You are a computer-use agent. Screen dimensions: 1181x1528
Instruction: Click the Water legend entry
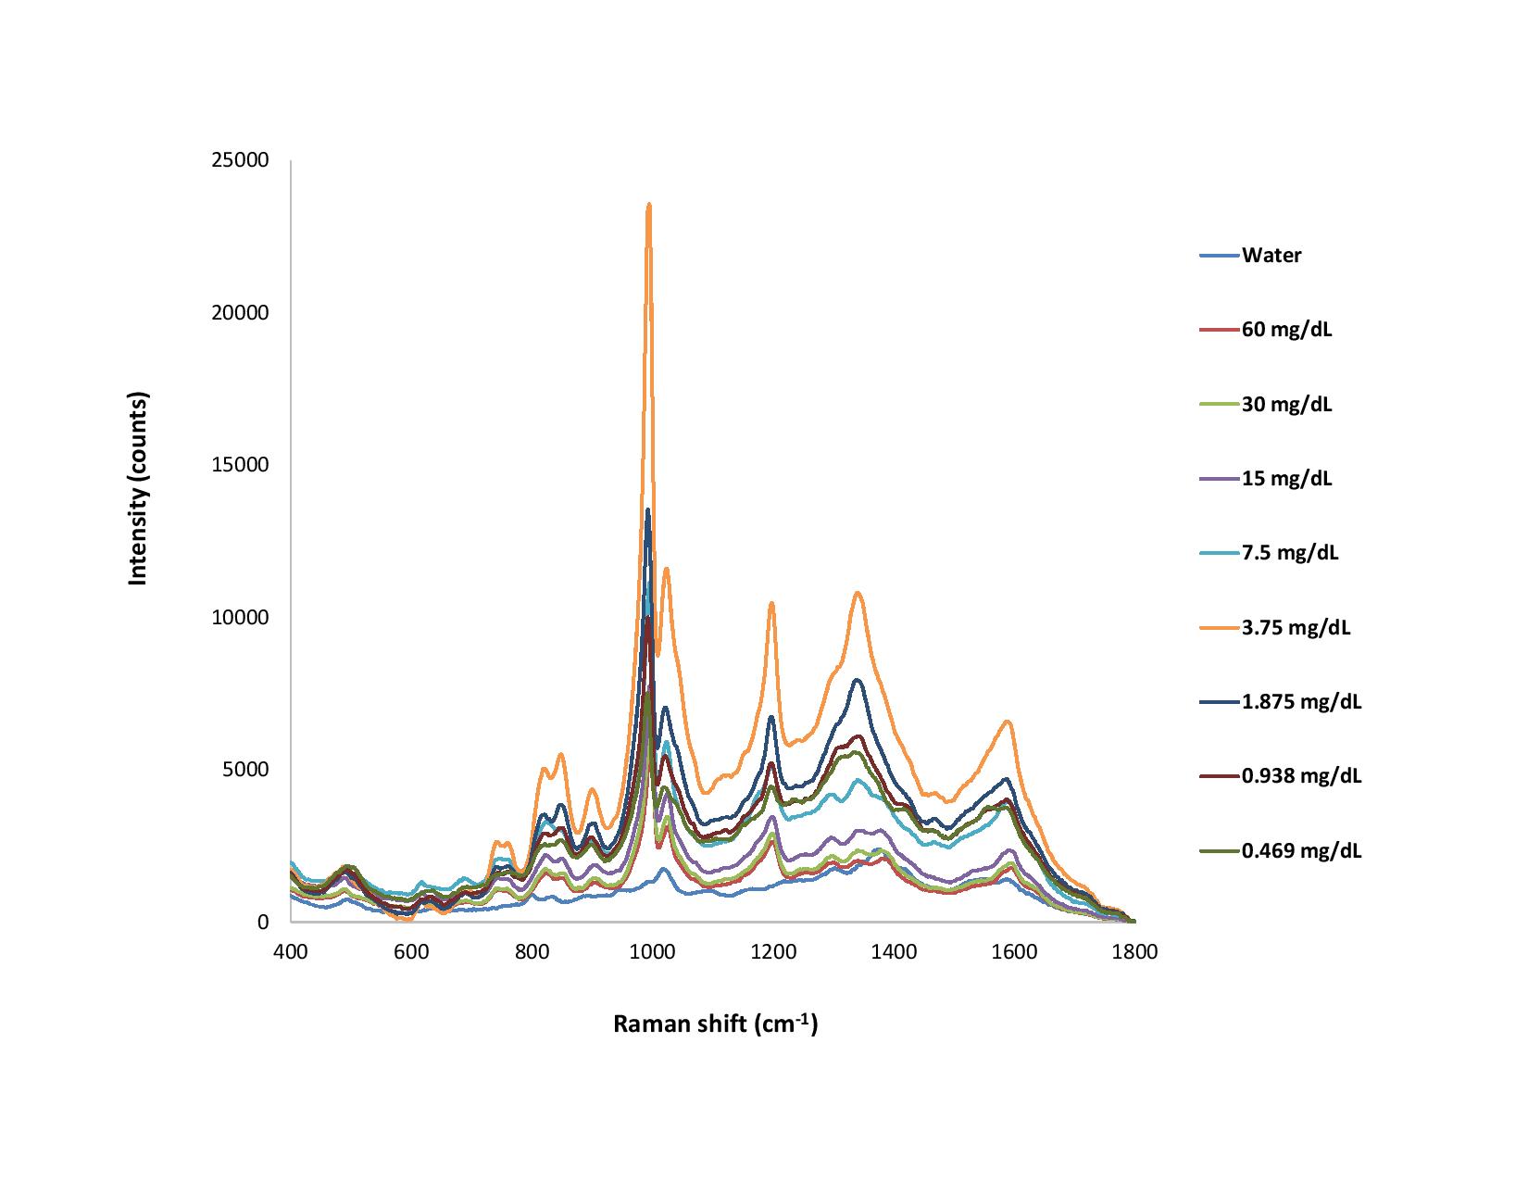tap(1271, 256)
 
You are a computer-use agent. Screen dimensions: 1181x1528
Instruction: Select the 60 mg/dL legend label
tap(1286, 330)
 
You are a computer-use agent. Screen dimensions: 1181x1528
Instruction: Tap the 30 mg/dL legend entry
tap(1286, 404)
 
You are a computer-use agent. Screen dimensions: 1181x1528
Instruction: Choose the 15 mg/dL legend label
tap(1286, 479)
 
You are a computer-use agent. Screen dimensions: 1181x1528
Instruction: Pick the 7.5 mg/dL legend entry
tap(1290, 553)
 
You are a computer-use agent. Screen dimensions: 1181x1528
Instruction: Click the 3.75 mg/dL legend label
tap(1296, 628)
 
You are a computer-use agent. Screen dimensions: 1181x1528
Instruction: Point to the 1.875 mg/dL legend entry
tap(1301, 701)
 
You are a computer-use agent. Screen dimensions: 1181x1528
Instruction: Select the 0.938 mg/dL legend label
tap(1301, 775)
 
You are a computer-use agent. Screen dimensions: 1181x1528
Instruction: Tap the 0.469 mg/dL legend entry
tap(1301, 850)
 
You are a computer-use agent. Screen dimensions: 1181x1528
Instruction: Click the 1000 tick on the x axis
tap(653, 951)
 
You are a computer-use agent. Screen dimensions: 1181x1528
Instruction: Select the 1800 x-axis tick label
tap(1134, 951)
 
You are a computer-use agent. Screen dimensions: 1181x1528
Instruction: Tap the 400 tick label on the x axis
tap(291, 951)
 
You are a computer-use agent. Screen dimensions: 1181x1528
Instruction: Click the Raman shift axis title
tap(715, 1024)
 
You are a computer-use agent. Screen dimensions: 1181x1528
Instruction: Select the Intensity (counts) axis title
tap(138, 489)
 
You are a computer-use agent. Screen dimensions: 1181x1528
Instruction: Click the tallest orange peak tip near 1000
tap(649, 205)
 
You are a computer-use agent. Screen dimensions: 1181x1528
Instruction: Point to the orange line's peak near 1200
tap(771, 603)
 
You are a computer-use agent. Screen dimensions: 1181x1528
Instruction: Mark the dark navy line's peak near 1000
tap(648, 510)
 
